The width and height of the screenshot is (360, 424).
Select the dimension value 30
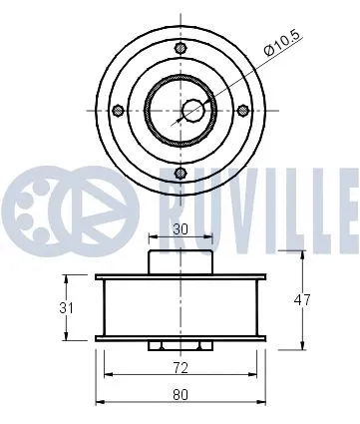tap(179, 228)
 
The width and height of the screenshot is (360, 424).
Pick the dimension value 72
tap(180, 366)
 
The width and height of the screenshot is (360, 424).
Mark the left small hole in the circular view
tap(118, 110)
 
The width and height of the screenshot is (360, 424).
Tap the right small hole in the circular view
tap(241, 110)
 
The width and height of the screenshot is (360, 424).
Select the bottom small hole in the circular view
tap(180, 172)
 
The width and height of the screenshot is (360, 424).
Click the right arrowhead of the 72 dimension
tap(251, 375)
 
